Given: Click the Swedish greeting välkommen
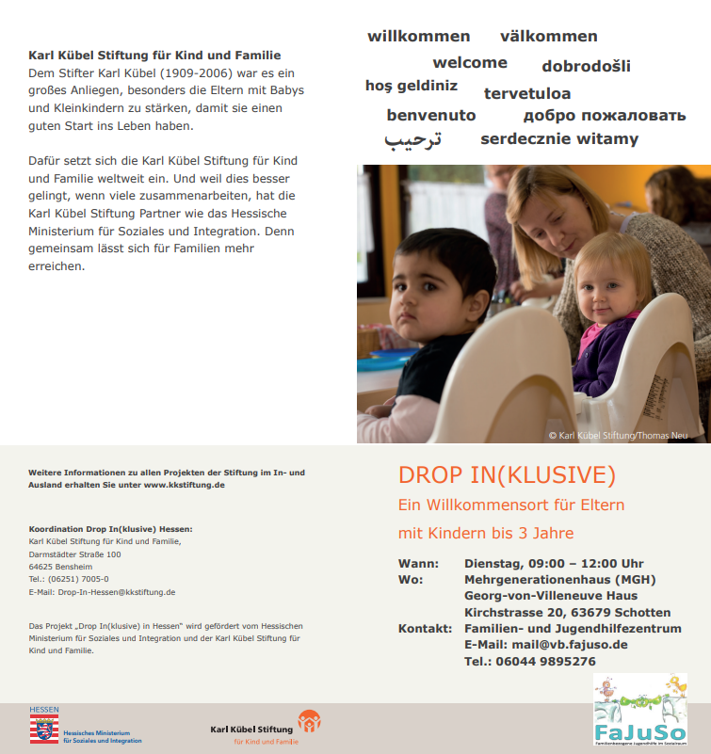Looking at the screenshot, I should tap(548, 37).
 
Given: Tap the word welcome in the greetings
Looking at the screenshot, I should tap(470, 63).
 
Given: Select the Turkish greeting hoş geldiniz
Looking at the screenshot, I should tap(412, 86).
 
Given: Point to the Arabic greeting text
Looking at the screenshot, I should tap(412, 139).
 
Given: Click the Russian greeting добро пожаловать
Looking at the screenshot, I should tap(605, 116).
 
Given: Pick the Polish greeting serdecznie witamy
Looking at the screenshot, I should tap(559, 139).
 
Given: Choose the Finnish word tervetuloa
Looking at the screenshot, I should tap(527, 93).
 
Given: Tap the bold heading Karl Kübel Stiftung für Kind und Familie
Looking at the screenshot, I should tap(154, 56).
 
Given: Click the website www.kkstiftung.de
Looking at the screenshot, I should tap(184, 485).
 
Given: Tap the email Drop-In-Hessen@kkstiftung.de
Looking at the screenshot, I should tap(116, 592).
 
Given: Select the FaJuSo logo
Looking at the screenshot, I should tap(639, 712).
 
